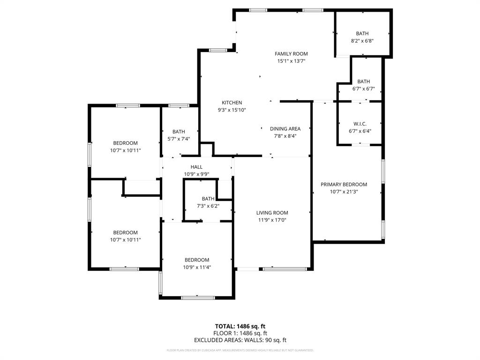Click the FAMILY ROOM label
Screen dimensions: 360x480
pos(291,54)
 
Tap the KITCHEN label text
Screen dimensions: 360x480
pos(232,103)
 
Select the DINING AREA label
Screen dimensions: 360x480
pos(285,129)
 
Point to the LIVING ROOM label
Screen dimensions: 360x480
pos(272,213)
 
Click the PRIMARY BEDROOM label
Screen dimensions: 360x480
pos(344,185)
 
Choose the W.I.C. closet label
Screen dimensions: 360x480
pos(360,124)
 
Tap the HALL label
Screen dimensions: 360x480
pos(196,167)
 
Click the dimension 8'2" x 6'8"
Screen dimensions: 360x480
pos(362,41)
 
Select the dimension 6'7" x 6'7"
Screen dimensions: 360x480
pos(363,89)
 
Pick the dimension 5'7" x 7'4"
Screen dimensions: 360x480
pos(179,139)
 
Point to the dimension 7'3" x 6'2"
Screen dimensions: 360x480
pos(208,206)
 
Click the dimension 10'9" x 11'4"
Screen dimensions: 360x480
pos(196,267)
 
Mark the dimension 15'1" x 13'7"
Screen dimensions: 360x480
pos(291,61)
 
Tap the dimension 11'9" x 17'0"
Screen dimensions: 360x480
pos(272,220)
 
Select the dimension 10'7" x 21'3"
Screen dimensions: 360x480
pos(344,192)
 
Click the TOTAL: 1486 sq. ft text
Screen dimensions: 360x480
pos(240,326)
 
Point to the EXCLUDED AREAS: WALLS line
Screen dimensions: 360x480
pos(240,340)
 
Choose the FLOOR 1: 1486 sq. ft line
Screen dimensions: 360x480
pos(240,333)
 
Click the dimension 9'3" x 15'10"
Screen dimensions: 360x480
pos(232,110)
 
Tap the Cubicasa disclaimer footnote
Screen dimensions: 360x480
pos(240,350)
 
